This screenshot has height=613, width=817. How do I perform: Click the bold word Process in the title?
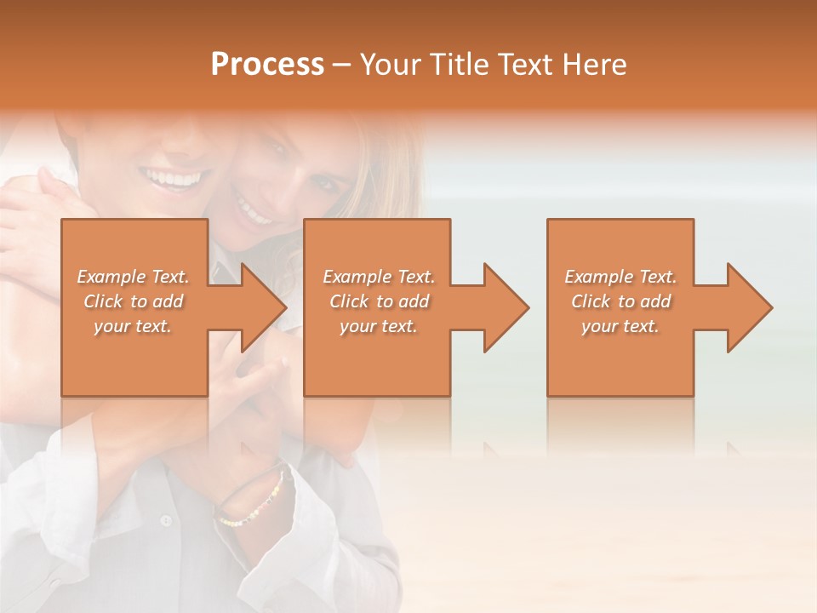267,65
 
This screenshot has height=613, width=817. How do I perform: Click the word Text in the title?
524,65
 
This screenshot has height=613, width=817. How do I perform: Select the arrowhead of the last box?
748,307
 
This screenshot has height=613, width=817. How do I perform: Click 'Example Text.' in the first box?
133,277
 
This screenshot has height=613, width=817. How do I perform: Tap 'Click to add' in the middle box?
379,301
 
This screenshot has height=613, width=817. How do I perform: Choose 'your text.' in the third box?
620,326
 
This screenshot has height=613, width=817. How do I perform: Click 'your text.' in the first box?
133,326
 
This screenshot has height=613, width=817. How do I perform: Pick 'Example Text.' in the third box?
620,277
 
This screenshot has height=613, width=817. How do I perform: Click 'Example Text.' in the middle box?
379,277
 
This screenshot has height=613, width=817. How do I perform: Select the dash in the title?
342,65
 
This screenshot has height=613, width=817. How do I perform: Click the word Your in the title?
389,65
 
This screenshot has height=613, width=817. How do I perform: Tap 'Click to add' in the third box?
620,301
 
